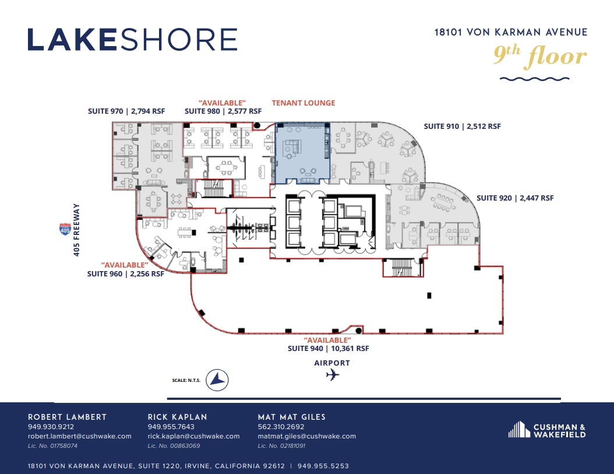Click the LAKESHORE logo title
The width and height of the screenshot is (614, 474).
coord(132,40)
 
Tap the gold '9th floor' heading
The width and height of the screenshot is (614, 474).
coord(540,55)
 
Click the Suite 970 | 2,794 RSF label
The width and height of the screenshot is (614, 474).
coord(126,111)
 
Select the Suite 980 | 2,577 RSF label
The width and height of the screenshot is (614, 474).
coord(223,111)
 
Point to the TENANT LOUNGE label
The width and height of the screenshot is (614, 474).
coord(304,103)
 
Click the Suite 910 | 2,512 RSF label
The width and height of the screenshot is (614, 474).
coord(463,127)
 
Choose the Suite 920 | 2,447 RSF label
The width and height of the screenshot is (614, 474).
coord(515,198)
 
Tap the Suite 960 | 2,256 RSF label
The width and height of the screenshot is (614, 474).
coord(126,273)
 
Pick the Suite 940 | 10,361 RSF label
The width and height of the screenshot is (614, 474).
coord(328,348)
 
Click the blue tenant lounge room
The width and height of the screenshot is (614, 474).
coord(302,153)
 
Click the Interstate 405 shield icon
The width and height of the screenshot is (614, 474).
coord(65,229)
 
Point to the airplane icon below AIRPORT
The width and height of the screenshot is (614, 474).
coord(333,375)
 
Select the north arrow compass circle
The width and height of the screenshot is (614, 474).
coord(217,380)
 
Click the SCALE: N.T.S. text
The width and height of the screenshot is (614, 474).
coord(186,380)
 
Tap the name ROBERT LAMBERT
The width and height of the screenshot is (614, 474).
coord(67,417)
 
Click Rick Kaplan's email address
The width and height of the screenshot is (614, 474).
coord(193,436)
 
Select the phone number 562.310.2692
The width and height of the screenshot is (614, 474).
coord(281,427)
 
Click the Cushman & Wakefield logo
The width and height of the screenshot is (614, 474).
coord(547,430)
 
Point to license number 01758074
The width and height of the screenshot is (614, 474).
coord(52,446)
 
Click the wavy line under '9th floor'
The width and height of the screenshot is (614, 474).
coord(535,79)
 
